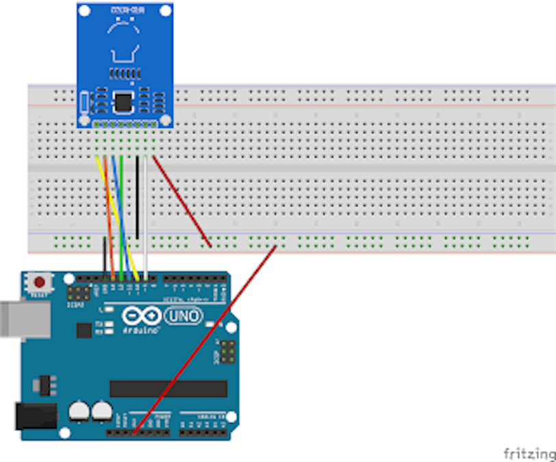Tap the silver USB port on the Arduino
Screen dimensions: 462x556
point(25,320)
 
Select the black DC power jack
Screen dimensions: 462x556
point(34,416)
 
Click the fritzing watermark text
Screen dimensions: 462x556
point(529,453)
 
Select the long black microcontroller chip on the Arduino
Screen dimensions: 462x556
point(168,389)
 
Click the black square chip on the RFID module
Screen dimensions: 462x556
point(125,101)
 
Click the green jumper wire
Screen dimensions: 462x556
point(121,219)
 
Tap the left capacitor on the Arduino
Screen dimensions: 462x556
point(79,411)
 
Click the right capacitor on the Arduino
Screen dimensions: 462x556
point(102,411)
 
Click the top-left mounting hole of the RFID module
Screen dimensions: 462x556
point(84,11)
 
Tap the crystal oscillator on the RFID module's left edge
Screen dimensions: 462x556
point(84,102)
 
